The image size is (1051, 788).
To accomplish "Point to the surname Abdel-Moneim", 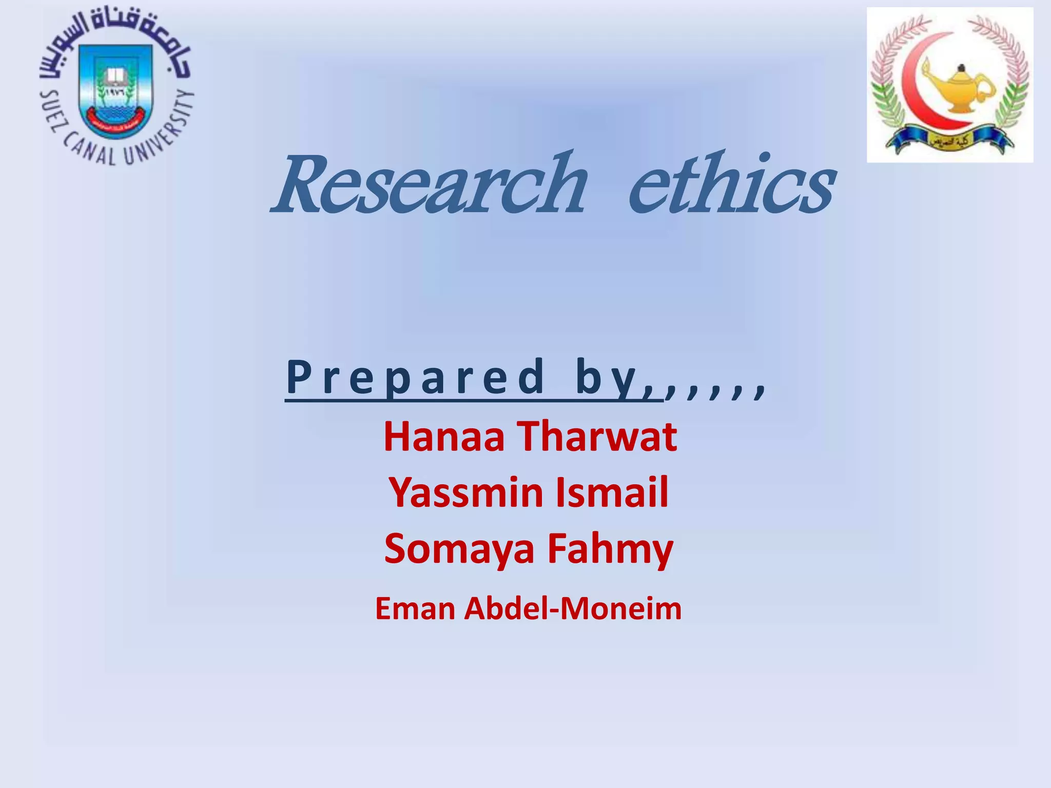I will (573, 609).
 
